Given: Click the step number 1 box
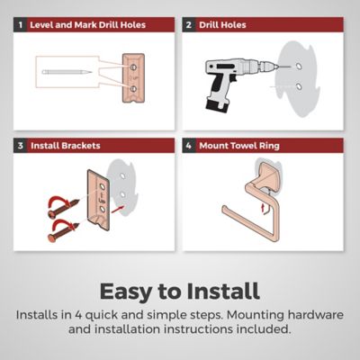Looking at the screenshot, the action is [x=20, y=24].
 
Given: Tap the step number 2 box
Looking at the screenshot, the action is [x=189, y=24].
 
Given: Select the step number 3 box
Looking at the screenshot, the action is [x=20, y=146].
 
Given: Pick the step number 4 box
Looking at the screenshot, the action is [x=189, y=146].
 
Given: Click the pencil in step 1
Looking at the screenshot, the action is [x=67, y=72].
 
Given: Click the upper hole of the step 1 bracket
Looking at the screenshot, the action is [x=133, y=67].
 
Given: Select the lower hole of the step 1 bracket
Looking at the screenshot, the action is [x=133, y=89].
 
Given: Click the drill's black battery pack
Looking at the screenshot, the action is [x=216, y=105].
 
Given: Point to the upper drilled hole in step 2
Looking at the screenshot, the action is [x=299, y=66].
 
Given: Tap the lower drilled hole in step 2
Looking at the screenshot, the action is [x=299, y=86].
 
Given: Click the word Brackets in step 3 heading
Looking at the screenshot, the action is [x=81, y=146].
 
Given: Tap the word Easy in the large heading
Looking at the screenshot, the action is [x=126, y=292].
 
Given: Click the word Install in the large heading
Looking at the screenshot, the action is [x=222, y=291].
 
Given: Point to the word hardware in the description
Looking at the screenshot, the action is [x=315, y=315].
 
